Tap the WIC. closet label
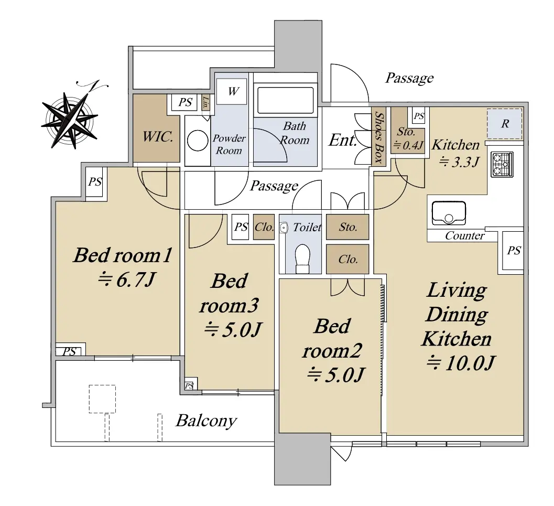[x=158, y=136]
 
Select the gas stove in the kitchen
[x=502, y=164]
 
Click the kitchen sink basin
[x=448, y=213]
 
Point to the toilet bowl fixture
[x=302, y=259]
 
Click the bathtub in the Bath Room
[x=286, y=100]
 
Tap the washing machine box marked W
[x=232, y=91]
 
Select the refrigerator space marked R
[x=505, y=124]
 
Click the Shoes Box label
[x=379, y=137]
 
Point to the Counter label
[x=464, y=235]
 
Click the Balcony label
[x=207, y=421]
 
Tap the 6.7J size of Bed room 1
[x=126, y=280]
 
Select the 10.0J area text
[x=460, y=363]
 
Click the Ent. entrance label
[x=343, y=140]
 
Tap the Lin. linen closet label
[x=205, y=102]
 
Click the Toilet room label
[x=307, y=227]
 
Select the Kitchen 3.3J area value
[x=459, y=162]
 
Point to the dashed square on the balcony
[x=102, y=399]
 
